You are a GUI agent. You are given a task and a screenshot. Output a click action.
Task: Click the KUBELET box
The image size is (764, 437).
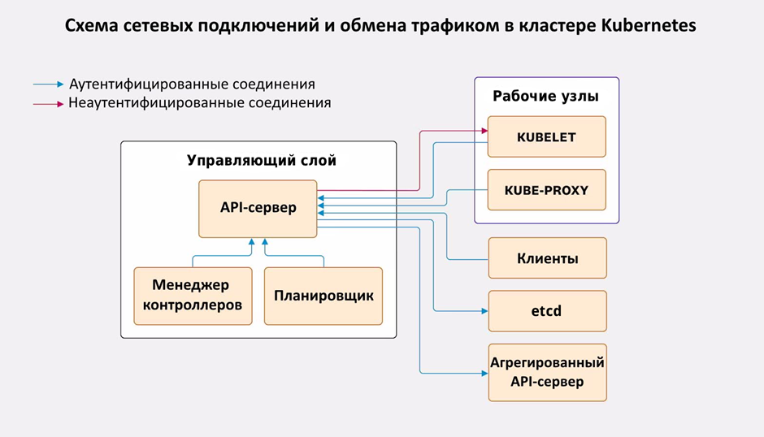point(546,136)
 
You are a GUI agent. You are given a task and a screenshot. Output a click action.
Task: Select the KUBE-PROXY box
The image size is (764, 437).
point(546,191)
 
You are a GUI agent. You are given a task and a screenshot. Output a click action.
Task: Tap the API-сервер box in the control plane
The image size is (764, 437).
point(258,208)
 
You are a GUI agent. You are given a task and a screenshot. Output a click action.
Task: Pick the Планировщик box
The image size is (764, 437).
point(323,296)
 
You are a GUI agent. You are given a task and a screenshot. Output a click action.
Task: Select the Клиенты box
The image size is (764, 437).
point(547,259)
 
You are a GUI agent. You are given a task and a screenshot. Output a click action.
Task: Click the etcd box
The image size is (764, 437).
point(547,310)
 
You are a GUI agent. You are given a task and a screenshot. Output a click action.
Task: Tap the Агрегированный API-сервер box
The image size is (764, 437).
point(547,372)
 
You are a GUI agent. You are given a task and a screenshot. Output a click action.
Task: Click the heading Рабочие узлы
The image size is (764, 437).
point(545,97)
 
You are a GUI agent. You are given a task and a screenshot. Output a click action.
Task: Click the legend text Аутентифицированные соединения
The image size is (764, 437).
point(192,84)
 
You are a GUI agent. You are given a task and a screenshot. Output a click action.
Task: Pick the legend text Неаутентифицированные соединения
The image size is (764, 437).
point(200,104)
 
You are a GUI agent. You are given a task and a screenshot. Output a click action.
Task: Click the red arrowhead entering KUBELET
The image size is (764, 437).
point(483,130)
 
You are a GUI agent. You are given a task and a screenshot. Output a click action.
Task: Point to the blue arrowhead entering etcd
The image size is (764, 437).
point(483,310)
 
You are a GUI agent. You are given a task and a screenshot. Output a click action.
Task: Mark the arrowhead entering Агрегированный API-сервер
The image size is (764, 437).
point(483,372)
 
